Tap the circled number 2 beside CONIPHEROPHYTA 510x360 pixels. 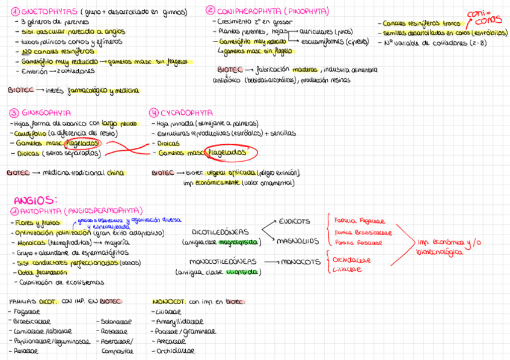(210, 10)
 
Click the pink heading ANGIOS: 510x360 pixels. (35, 200)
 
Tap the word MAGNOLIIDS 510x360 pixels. (297, 241)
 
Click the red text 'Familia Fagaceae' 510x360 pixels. (359, 221)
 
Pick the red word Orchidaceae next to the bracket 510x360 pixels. (352, 260)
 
